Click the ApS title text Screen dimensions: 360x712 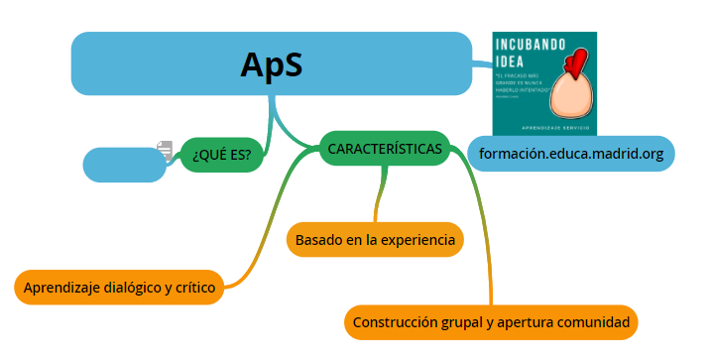coord(271,64)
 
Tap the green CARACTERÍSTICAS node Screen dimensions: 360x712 coord(385,148)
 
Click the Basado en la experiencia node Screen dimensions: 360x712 coord(375,239)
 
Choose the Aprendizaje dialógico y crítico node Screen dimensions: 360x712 coord(119,288)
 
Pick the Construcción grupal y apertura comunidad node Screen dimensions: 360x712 coord(491,322)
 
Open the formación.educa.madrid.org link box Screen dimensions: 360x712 coord(570,154)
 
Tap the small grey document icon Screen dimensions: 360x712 coord(165,150)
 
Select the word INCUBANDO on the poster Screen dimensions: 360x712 coord(532,45)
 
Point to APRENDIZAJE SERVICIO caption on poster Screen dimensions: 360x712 coord(544,128)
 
